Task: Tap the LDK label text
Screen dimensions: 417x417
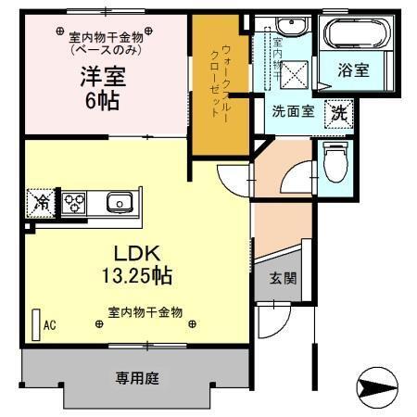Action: point(139,253)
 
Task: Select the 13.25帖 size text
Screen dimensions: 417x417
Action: point(139,275)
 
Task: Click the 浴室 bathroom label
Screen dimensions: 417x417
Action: point(351,70)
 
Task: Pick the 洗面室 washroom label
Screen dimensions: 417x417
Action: point(292,111)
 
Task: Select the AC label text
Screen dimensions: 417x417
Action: point(50,325)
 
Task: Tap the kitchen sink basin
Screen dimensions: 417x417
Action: point(118,203)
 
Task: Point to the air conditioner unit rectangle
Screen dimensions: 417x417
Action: point(36,325)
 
